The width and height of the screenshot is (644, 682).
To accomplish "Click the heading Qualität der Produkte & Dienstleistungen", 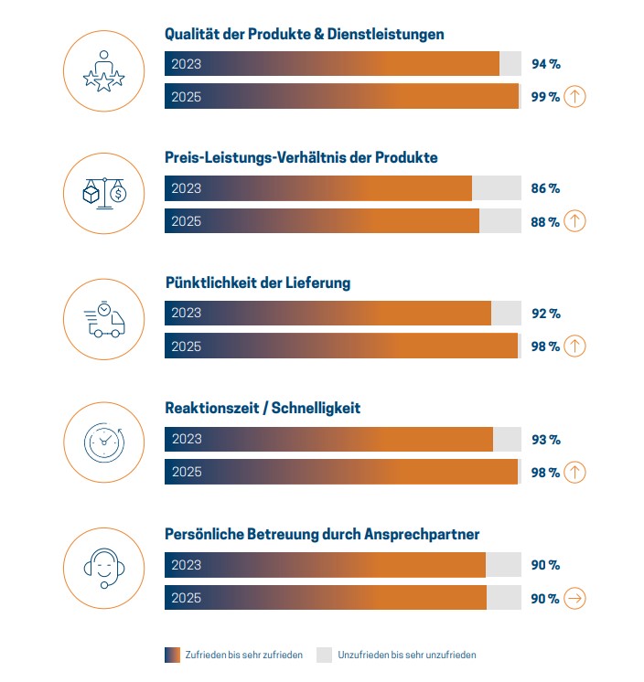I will [304, 34].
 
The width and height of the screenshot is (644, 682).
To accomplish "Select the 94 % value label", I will [545, 64].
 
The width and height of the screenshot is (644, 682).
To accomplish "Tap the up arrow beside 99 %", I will [574, 96].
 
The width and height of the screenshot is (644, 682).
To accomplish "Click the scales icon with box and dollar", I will [103, 193].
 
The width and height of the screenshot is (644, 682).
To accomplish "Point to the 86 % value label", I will [545, 188].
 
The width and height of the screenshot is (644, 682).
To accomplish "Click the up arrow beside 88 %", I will [574, 221].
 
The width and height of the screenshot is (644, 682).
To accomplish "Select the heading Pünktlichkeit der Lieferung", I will [257, 282].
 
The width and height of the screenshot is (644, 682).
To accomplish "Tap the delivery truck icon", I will [103, 321].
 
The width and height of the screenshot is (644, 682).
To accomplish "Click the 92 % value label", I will [545, 314].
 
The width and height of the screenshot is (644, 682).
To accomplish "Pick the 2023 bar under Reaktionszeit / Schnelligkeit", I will [328, 439].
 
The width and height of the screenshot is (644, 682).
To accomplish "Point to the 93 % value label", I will [545, 439].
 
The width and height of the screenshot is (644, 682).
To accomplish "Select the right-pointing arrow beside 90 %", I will [574, 598].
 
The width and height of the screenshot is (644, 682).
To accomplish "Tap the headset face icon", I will [103, 568].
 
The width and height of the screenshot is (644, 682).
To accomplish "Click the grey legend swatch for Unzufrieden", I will [324, 655].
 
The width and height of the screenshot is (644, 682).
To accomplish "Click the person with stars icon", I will [103, 69].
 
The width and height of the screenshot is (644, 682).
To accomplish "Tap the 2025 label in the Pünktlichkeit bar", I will [186, 346].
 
